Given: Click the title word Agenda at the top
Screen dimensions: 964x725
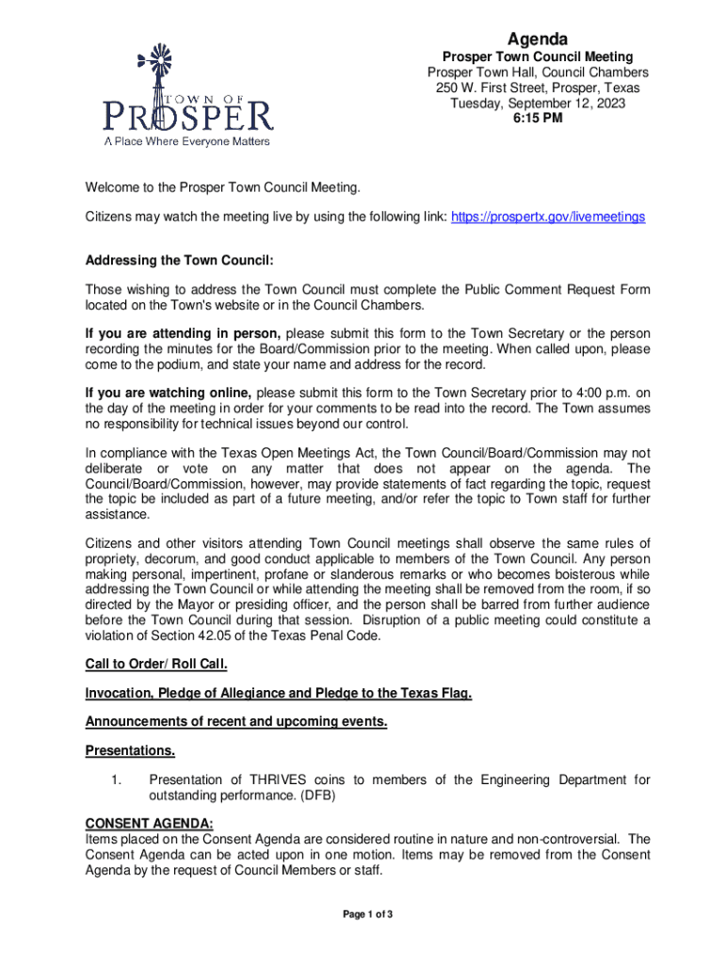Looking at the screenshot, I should (538, 39).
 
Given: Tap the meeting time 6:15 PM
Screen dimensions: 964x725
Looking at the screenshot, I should (538, 119).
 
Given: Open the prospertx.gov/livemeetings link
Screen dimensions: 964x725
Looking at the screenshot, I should (548, 217).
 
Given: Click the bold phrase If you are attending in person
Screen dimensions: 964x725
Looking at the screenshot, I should (183, 333).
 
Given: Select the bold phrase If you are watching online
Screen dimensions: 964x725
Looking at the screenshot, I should (169, 393).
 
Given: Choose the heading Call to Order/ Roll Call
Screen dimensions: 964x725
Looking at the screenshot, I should (156, 665).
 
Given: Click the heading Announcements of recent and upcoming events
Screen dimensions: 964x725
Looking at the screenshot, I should (236, 722).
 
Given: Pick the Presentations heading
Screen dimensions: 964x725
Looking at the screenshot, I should (130, 751).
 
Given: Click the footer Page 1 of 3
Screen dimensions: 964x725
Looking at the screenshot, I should (367, 914).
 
